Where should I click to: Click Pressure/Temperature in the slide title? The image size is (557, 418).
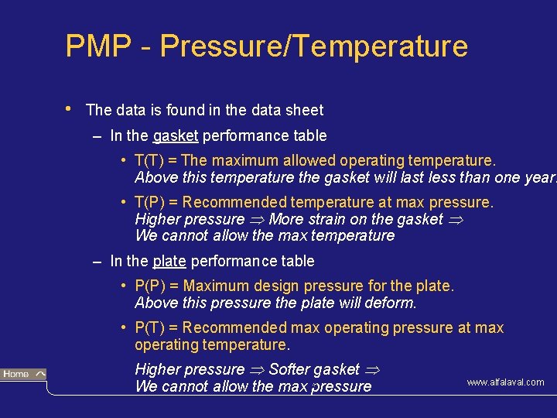pyautogui.click(x=314, y=46)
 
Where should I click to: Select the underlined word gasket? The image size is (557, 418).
pyautogui.click(x=176, y=136)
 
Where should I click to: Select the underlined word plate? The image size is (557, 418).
pyautogui.click(x=169, y=262)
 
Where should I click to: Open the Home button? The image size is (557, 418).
pyautogui.click(x=23, y=375)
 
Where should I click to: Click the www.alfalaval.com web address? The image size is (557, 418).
pyautogui.click(x=504, y=382)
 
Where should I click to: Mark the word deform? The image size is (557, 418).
pyautogui.click(x=393, y=303)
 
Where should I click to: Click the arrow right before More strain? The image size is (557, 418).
pyautogui.click(x=257, y=220)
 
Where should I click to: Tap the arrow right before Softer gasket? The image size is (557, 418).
pyautogui.click(x=257, y=370)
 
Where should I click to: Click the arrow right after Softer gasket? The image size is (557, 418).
pyautogui.click(x=372, y=370)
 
